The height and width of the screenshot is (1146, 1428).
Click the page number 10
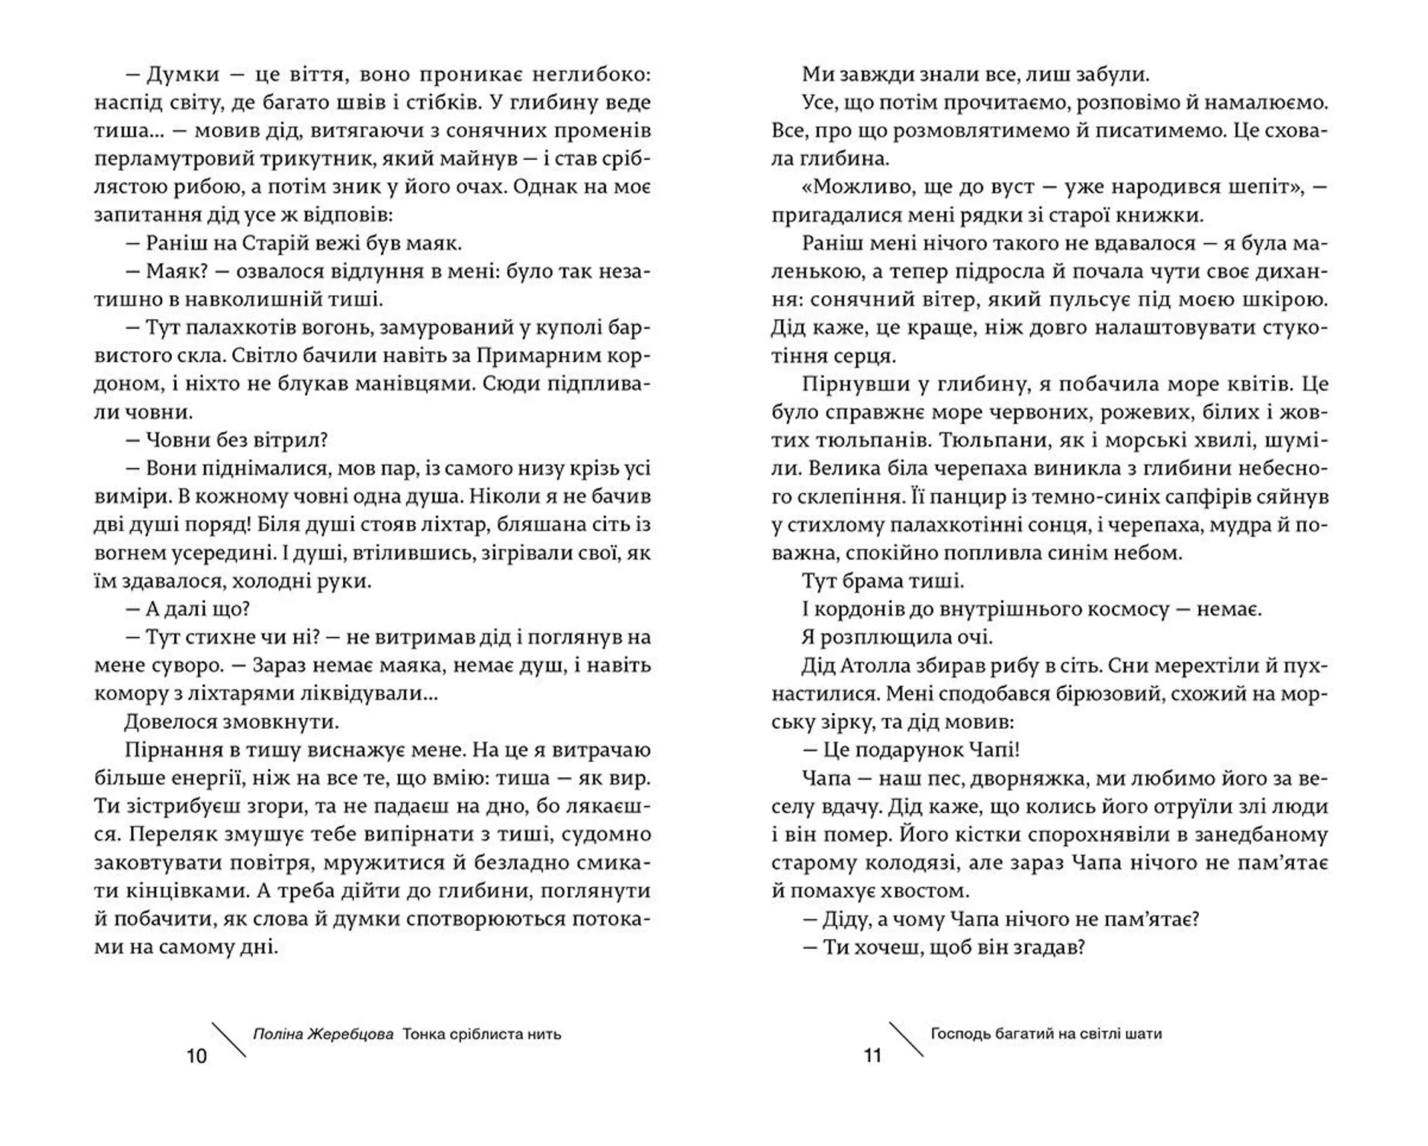click(x=196, y=1056)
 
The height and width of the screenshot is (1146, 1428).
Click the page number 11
click(x=872, y=1056)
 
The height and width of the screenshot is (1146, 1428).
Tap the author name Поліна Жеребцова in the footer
click(x=323, y=1034)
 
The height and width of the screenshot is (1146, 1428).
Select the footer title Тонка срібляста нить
click(x=482, y=1034)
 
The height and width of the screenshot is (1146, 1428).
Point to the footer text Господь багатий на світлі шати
click(x=1046, y=1034)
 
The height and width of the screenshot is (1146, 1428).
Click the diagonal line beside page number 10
click(x=229, y=1040)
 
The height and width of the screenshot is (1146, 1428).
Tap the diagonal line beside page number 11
click(x=907, y=1040)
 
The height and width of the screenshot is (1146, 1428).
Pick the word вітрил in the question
click(x=290, y=440)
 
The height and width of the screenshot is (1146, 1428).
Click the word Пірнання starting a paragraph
click(x=172, y=750)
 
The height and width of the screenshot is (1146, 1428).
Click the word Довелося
click(x=172, y=721)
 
